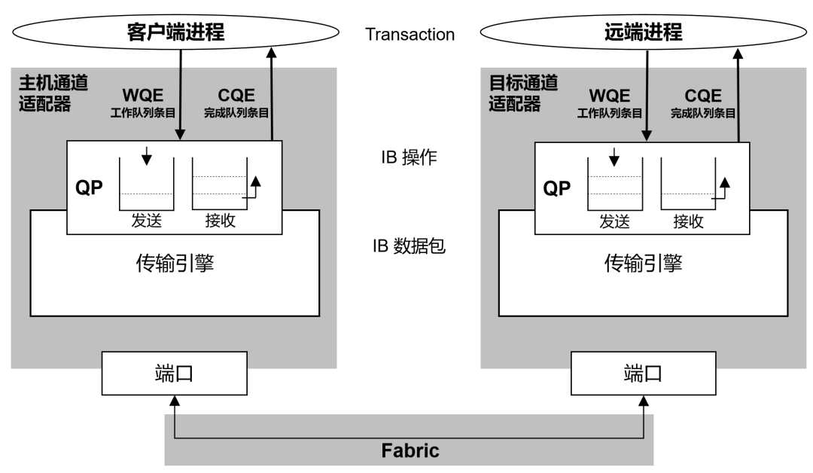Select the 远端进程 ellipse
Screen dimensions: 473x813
click(643, 33)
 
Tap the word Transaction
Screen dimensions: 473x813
click(410, 35)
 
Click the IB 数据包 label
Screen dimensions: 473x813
click(409, 246)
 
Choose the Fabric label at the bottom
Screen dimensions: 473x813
click(410, 451)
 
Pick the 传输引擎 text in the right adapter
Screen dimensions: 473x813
click(643, 263)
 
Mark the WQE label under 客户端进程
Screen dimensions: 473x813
click(143, 96)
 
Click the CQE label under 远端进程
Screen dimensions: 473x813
click(702, 96)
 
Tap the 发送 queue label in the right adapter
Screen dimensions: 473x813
click(614, 221)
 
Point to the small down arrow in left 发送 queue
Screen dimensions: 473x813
click(147, 155)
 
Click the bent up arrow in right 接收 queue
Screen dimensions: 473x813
click(723, 188)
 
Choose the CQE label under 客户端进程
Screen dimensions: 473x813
click(236, 96)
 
